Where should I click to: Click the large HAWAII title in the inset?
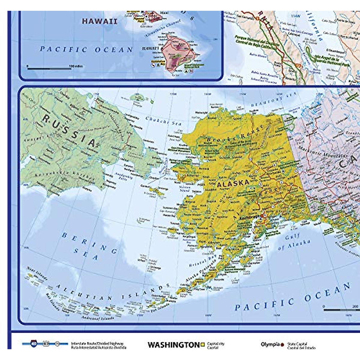100,21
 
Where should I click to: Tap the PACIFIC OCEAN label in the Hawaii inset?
86,49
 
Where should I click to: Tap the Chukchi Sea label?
163,121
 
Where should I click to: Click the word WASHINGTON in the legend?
173,345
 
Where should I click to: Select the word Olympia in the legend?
270,344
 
